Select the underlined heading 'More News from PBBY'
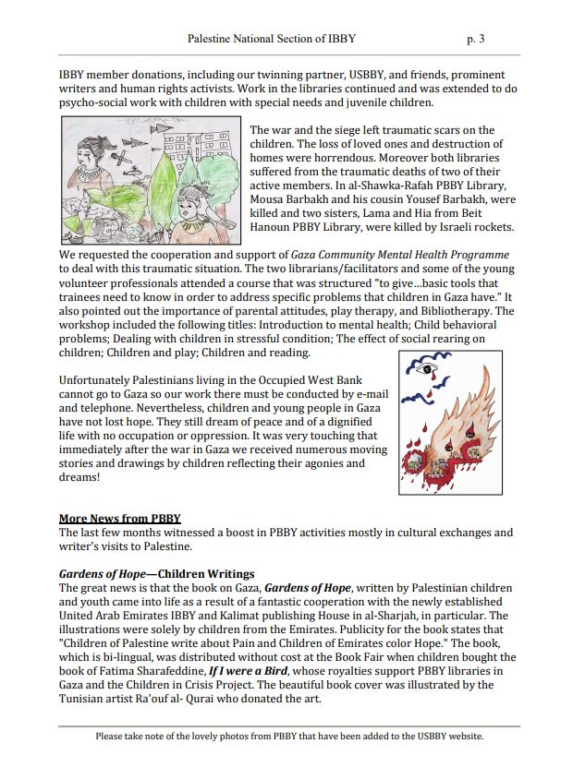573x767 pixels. point(119,518)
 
